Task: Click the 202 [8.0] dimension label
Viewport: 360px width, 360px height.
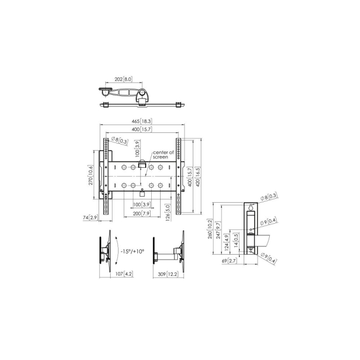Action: [124, 79]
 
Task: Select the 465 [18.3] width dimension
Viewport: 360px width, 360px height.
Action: [142, 121]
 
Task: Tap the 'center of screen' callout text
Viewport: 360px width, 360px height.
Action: [163, 155]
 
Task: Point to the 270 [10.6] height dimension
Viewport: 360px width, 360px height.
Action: [91, 175]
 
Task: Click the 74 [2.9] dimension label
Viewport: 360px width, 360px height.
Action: [90, 218]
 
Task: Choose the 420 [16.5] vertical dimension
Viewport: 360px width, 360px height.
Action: [198, 177]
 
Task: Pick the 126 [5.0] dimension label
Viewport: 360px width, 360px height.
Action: [168, 213]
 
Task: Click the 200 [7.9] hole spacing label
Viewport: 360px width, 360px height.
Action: [141, 214]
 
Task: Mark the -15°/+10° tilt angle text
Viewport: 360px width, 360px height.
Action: [132, 251]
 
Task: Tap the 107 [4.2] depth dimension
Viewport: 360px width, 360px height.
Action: [124, 274]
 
